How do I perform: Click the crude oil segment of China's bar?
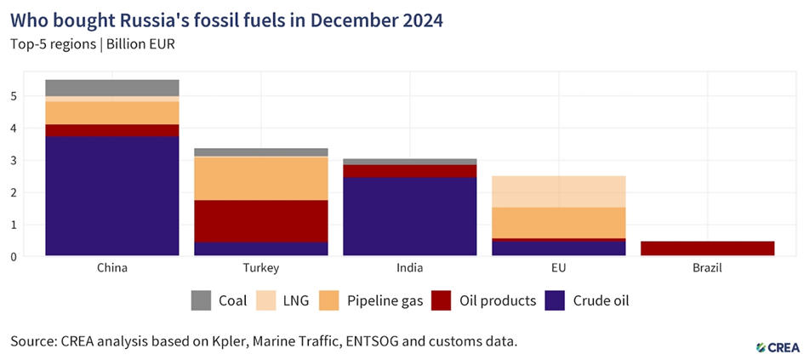pos(112,196)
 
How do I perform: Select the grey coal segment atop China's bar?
pos(112,88)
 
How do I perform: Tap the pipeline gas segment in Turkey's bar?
pos(261,179)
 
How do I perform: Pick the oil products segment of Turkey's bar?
pos(261,221)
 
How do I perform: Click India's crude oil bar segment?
pos(409,216)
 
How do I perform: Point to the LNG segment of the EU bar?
pos(559,191)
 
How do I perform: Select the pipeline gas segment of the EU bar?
pos(559,222)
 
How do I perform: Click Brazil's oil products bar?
pos(708,249)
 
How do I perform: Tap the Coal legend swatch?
pos(201,300)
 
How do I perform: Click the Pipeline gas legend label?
pos(382,300)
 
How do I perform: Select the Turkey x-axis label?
pos(261,268)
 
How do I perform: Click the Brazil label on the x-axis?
pos(708,268)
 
